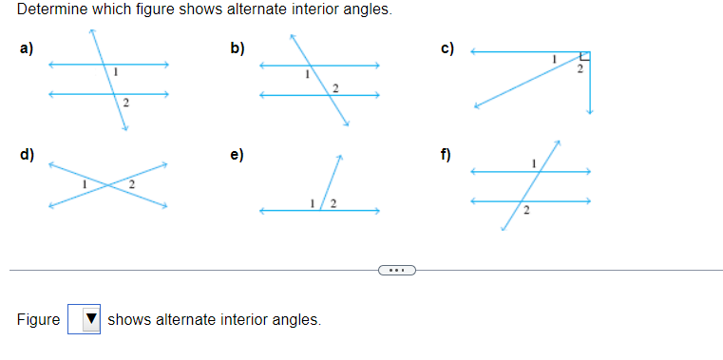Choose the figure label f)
click(x=446, y=155)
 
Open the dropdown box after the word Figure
click(x=85, y=319)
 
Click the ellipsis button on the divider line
click(x=396, y=271)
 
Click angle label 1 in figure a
click(x=115, y=73)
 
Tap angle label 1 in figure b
click(x=306, y=74)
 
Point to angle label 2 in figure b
click(x=334, y=87)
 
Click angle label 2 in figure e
click(x=333, y=202)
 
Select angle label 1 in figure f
click(x=534, y=163)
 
